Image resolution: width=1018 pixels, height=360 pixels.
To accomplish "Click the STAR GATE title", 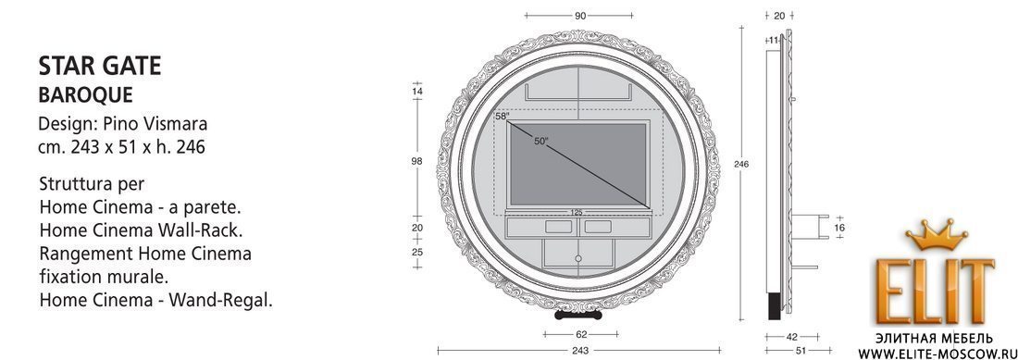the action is (100, 66).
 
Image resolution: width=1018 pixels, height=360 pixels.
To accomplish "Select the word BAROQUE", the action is (86, 95).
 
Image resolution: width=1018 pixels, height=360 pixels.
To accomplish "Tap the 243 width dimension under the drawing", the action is (580, 351).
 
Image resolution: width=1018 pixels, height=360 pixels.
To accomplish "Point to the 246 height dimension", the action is (740, 164).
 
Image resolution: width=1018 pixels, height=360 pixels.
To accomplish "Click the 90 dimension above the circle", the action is (580, 16).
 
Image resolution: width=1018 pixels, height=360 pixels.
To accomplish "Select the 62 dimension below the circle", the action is (581, 335).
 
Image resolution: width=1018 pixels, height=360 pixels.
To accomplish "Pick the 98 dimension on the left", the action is (417, 162).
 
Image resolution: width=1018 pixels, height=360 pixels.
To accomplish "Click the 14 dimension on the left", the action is (417, 92).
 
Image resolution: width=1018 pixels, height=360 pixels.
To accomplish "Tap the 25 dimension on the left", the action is (417, 251).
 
